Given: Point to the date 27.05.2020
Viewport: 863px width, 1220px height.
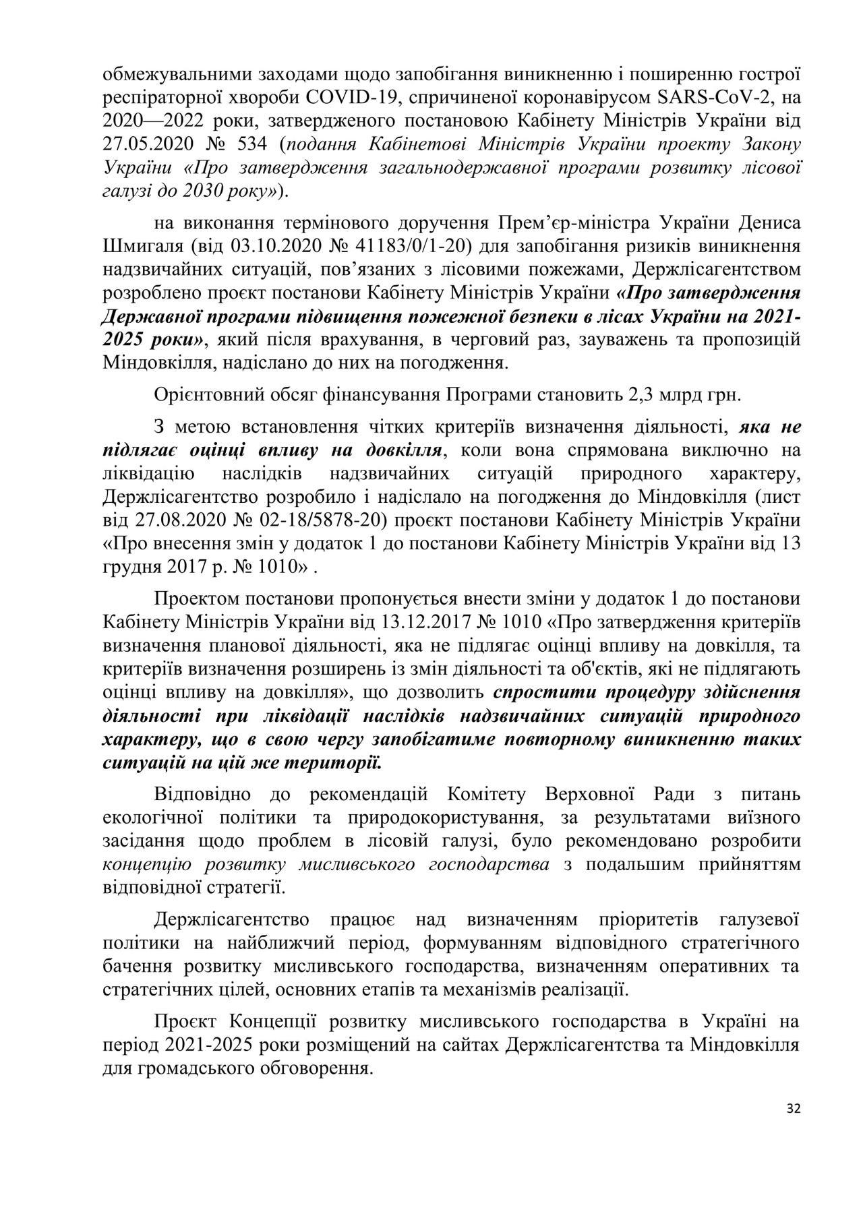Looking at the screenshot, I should [x=142, y=144].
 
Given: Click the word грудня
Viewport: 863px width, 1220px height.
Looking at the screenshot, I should [x=133, y=567].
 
